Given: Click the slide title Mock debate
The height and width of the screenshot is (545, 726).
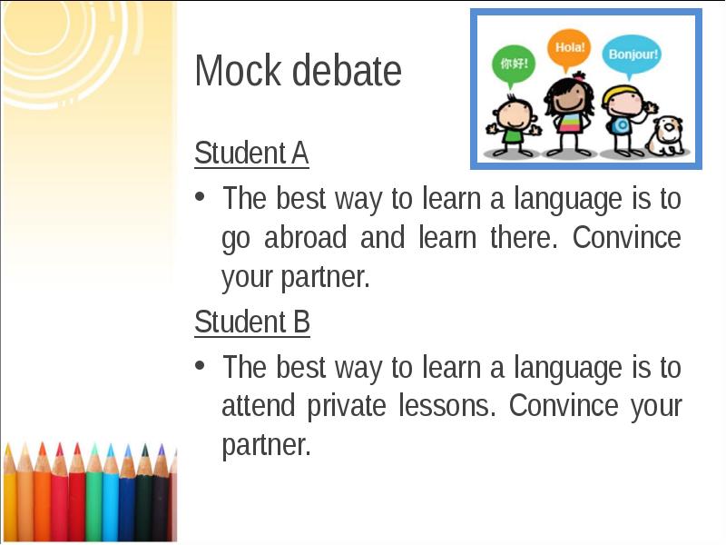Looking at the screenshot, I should click(x=298, y=71).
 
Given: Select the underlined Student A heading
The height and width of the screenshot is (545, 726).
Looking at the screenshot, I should click(x=251, y=154).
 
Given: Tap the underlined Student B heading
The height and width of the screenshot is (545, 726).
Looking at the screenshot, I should click(x=252, y=322).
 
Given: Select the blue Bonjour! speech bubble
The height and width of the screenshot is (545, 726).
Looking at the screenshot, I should click(x=633, y=54).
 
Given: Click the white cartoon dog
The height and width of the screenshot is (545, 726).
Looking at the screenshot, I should click(x=667, y=134).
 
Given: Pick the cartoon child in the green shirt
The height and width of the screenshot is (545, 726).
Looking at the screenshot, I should click(x=513, y=124).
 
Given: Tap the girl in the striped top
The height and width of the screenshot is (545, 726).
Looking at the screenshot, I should click(x=570, y=115).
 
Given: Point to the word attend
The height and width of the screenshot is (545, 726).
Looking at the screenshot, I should click(x=259, y=405).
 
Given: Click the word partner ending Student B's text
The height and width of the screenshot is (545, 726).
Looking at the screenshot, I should click(x=266, y=446).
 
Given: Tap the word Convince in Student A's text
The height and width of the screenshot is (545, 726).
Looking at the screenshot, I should click(x=627, y=238).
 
